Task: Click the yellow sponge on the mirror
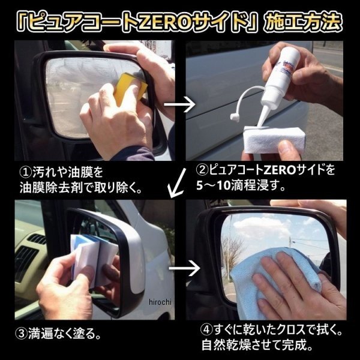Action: [130, 88]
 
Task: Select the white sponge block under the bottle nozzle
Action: [275, 140]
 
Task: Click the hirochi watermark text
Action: [160, 302]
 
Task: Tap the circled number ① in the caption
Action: [25, 173]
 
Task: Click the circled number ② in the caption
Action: [202, 170]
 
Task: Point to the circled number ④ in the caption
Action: [206, 330]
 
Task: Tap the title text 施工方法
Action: [303, 23]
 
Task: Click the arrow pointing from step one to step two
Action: [179, 104]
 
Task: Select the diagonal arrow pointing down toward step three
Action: [176, 183]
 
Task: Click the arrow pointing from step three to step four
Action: [184, 268]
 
